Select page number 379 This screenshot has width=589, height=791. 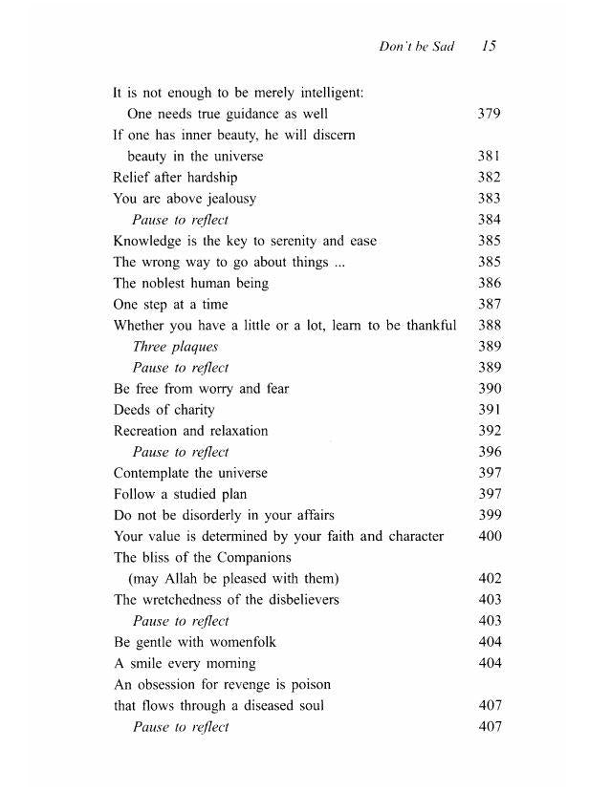tap(489, 115)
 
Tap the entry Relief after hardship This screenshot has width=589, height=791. tap(175, 178)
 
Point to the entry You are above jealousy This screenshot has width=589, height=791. tap(185, 199)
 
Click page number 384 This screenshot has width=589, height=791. tap(489, 220)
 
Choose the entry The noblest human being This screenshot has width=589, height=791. tap(190, 283)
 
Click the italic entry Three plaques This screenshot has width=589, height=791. tap(175, 347)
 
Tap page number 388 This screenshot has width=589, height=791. tap(489, 326)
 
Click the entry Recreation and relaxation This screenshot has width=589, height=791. tap(190, 431)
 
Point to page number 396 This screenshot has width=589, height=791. tap(489, 452)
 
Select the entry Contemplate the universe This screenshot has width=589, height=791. tap(190, 473)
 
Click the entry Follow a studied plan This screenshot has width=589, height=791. tap(180, 494)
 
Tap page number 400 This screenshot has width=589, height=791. tap(489, 536)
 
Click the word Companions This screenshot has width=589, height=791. tap(256, 557)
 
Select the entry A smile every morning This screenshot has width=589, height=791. tap(185, 663)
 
